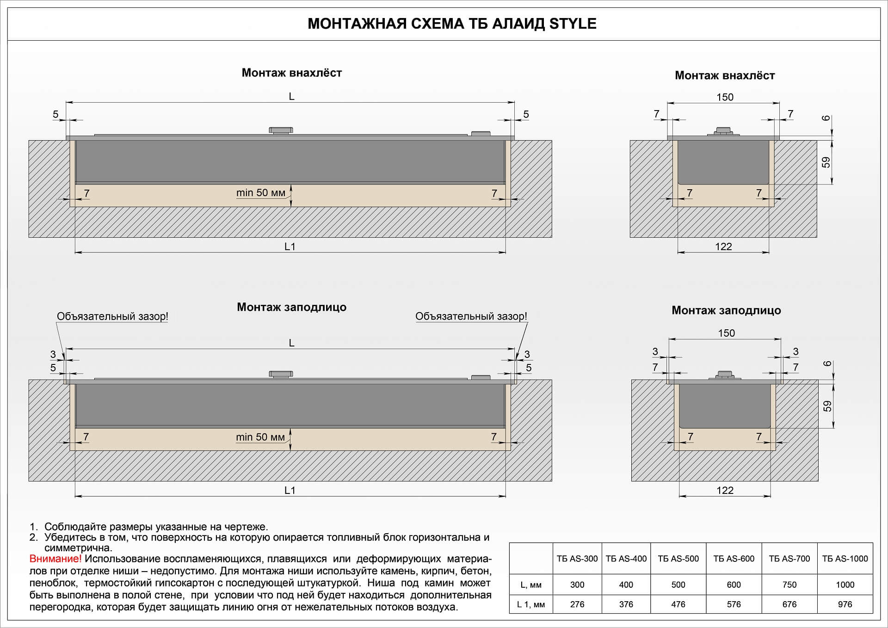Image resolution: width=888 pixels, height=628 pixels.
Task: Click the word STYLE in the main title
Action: (573, 24)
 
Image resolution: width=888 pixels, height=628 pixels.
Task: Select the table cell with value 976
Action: (845, 604)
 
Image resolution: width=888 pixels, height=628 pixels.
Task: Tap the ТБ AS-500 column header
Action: (678, 559)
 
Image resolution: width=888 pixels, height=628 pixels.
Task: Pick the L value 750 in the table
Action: (789, 585)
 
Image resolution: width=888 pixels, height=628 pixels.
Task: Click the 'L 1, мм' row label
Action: (530, 604)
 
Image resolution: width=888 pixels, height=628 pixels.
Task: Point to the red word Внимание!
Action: (55, 559)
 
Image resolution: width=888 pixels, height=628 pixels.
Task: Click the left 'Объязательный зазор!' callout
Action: (112, 316)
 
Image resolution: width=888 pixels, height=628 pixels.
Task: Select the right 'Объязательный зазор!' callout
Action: (471, 316)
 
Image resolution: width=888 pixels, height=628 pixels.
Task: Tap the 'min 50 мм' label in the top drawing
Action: (261, 193)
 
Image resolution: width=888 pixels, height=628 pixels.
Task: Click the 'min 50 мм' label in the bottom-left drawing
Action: (260, 437)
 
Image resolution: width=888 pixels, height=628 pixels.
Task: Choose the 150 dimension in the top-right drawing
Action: (725, 97)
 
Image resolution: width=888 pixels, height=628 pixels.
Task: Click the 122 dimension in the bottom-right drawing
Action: (725, 490)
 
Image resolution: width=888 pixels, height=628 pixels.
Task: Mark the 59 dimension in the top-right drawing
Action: (826, 162)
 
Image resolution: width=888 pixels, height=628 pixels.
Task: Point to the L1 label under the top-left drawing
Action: (290, 246)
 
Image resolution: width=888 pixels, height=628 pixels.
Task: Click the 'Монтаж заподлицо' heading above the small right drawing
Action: (726, 310)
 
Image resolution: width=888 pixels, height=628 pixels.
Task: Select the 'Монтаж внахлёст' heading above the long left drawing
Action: (291, 73)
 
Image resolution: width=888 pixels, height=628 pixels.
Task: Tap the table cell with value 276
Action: (577, 604)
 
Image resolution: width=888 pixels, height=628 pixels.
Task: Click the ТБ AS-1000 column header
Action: (845, 559)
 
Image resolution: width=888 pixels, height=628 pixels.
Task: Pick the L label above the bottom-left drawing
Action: (291, 343)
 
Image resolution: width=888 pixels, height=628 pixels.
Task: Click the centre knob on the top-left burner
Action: (281, 130)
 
